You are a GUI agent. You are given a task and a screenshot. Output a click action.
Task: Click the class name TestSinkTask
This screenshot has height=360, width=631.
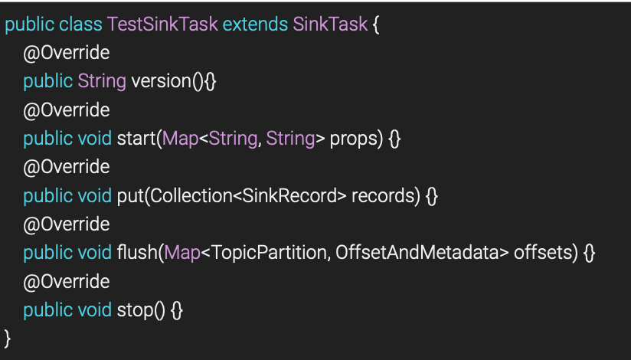click(162, 24)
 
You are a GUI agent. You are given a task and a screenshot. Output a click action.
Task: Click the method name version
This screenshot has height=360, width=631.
click(160, 81)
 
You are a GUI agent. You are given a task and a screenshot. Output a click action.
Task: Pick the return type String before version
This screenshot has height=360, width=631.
click(102, 81)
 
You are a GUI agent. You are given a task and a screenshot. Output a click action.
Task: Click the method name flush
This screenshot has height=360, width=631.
click(136, 254)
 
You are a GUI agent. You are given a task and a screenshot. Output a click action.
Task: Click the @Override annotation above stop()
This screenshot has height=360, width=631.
click(66, 282)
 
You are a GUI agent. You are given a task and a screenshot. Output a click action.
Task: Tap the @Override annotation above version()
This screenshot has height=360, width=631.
click(66, 53)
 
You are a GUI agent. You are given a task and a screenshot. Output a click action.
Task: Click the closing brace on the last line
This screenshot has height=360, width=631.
click(8, 339)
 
